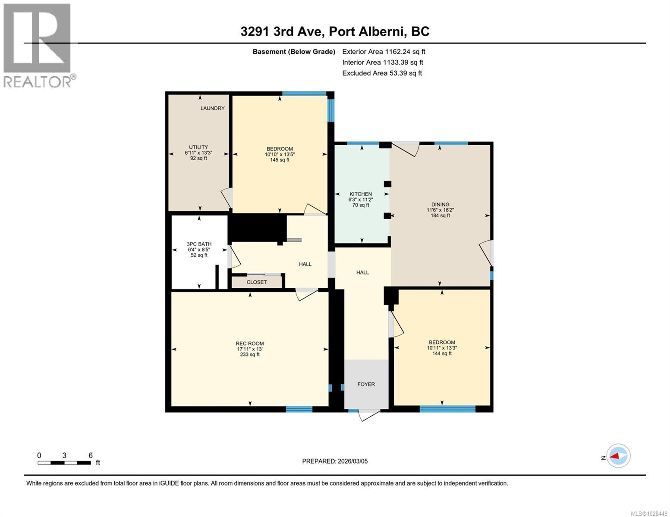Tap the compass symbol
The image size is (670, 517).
[618, 456]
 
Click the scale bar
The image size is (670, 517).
[64, 463]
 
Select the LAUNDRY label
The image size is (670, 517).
[212, 108]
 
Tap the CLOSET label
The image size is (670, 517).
[257, 282]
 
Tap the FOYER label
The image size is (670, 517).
[366, 384]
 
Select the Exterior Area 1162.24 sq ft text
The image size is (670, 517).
[384, 52]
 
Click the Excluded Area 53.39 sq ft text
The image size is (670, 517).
[382, 73]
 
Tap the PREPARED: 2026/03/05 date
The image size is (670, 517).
[335, 461]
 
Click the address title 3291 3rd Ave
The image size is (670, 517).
[335, 31]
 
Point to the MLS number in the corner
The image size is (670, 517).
[650, 513]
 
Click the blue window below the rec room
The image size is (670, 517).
[299, 409]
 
